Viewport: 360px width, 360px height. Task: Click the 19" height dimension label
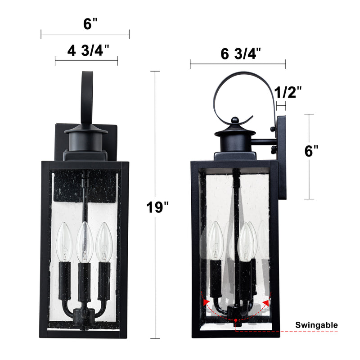[x=157, y=207]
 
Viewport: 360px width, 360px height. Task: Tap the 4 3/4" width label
[x=88, y=50]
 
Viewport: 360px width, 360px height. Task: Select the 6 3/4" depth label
[x=241, y=54]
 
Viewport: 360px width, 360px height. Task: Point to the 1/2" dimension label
[x=288, y=92]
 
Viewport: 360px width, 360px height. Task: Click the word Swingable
[x=316, y=325]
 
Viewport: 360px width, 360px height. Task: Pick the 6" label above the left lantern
[x=90, y=23]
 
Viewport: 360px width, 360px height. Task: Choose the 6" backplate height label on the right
[x=311, y=151]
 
